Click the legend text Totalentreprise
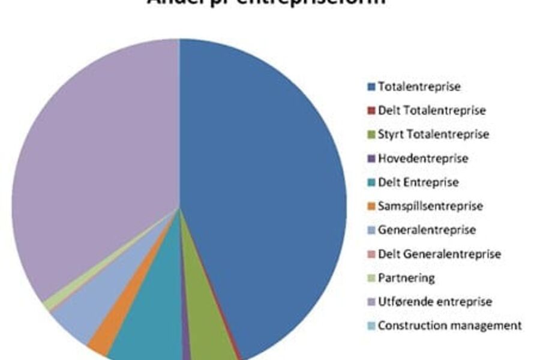[419, 86]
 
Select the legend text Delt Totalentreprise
[431, 110]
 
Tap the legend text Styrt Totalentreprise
[433, 134]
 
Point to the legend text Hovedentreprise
[422, 158]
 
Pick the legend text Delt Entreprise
[418, 182]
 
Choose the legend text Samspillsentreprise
[430, 206]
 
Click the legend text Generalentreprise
[426, 230]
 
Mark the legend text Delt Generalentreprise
[439, 254]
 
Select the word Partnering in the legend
[406, 278]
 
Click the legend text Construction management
[449, 326]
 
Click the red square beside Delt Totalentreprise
[371, 111]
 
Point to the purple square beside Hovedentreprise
[371, 159]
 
